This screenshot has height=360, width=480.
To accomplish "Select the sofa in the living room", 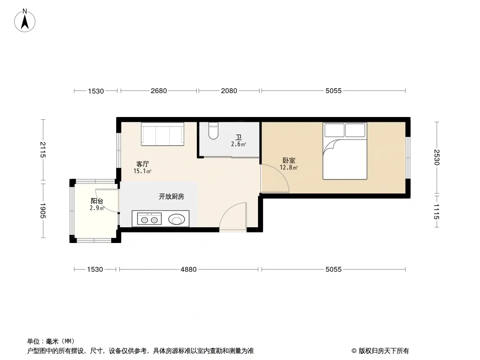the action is [x=163, y=134].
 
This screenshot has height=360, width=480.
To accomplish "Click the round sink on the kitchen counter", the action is [x=177, y=219].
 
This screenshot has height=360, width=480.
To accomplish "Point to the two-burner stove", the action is [x=149, y=219].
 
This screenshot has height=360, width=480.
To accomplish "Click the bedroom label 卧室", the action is [x=289, y=160].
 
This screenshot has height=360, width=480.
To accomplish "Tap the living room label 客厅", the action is [x=142, y=164].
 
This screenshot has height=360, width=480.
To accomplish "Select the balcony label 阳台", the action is [x=97, y=201].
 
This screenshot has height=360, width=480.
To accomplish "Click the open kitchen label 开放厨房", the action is [x=172, y=196].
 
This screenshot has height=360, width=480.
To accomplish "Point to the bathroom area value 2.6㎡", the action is [x=239, y=144].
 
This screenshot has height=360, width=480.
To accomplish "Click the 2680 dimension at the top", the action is [x=158, y=91].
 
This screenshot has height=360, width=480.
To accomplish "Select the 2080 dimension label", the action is [x=229, y=91].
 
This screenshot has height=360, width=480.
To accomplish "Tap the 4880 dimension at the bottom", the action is [x=188, y=270].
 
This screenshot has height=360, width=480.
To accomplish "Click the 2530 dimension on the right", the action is [x=436, y=157].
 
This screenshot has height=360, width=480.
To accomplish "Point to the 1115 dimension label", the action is [x=436, y=211].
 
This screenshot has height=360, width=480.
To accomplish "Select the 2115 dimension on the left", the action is [x=42, y=150].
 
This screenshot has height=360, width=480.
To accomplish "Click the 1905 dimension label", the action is [x=42, y=211].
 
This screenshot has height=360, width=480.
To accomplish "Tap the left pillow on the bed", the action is [x=334, y=130].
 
